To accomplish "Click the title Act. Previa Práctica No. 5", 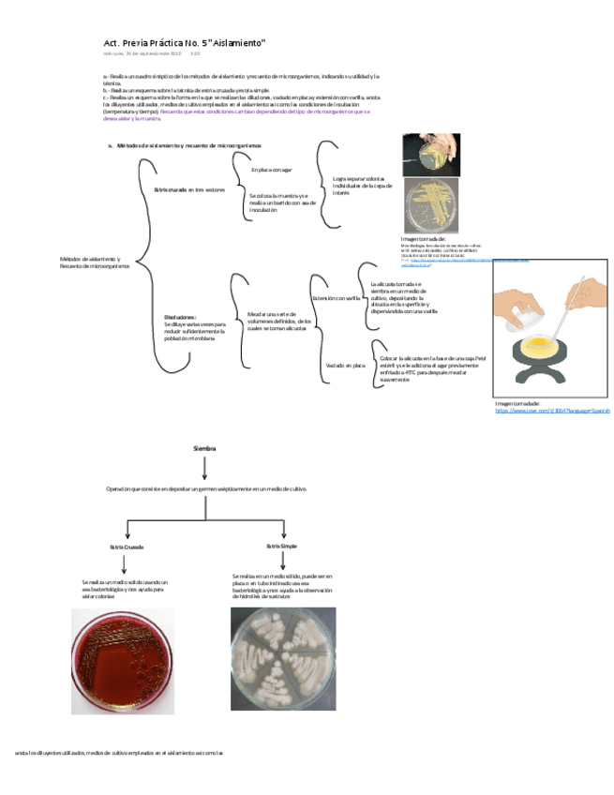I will [x=185, y=43].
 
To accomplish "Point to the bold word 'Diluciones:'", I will [x=179, y=317].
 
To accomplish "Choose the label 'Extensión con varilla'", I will [x=337, y=298].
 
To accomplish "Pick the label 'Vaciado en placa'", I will [x=344, y=365].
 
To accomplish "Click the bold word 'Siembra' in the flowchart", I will [x=204, y=448].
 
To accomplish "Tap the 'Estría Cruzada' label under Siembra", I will [x=127, y=547].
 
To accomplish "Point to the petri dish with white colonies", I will [x=281, y=659].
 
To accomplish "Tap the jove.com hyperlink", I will [x=552, y=411].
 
